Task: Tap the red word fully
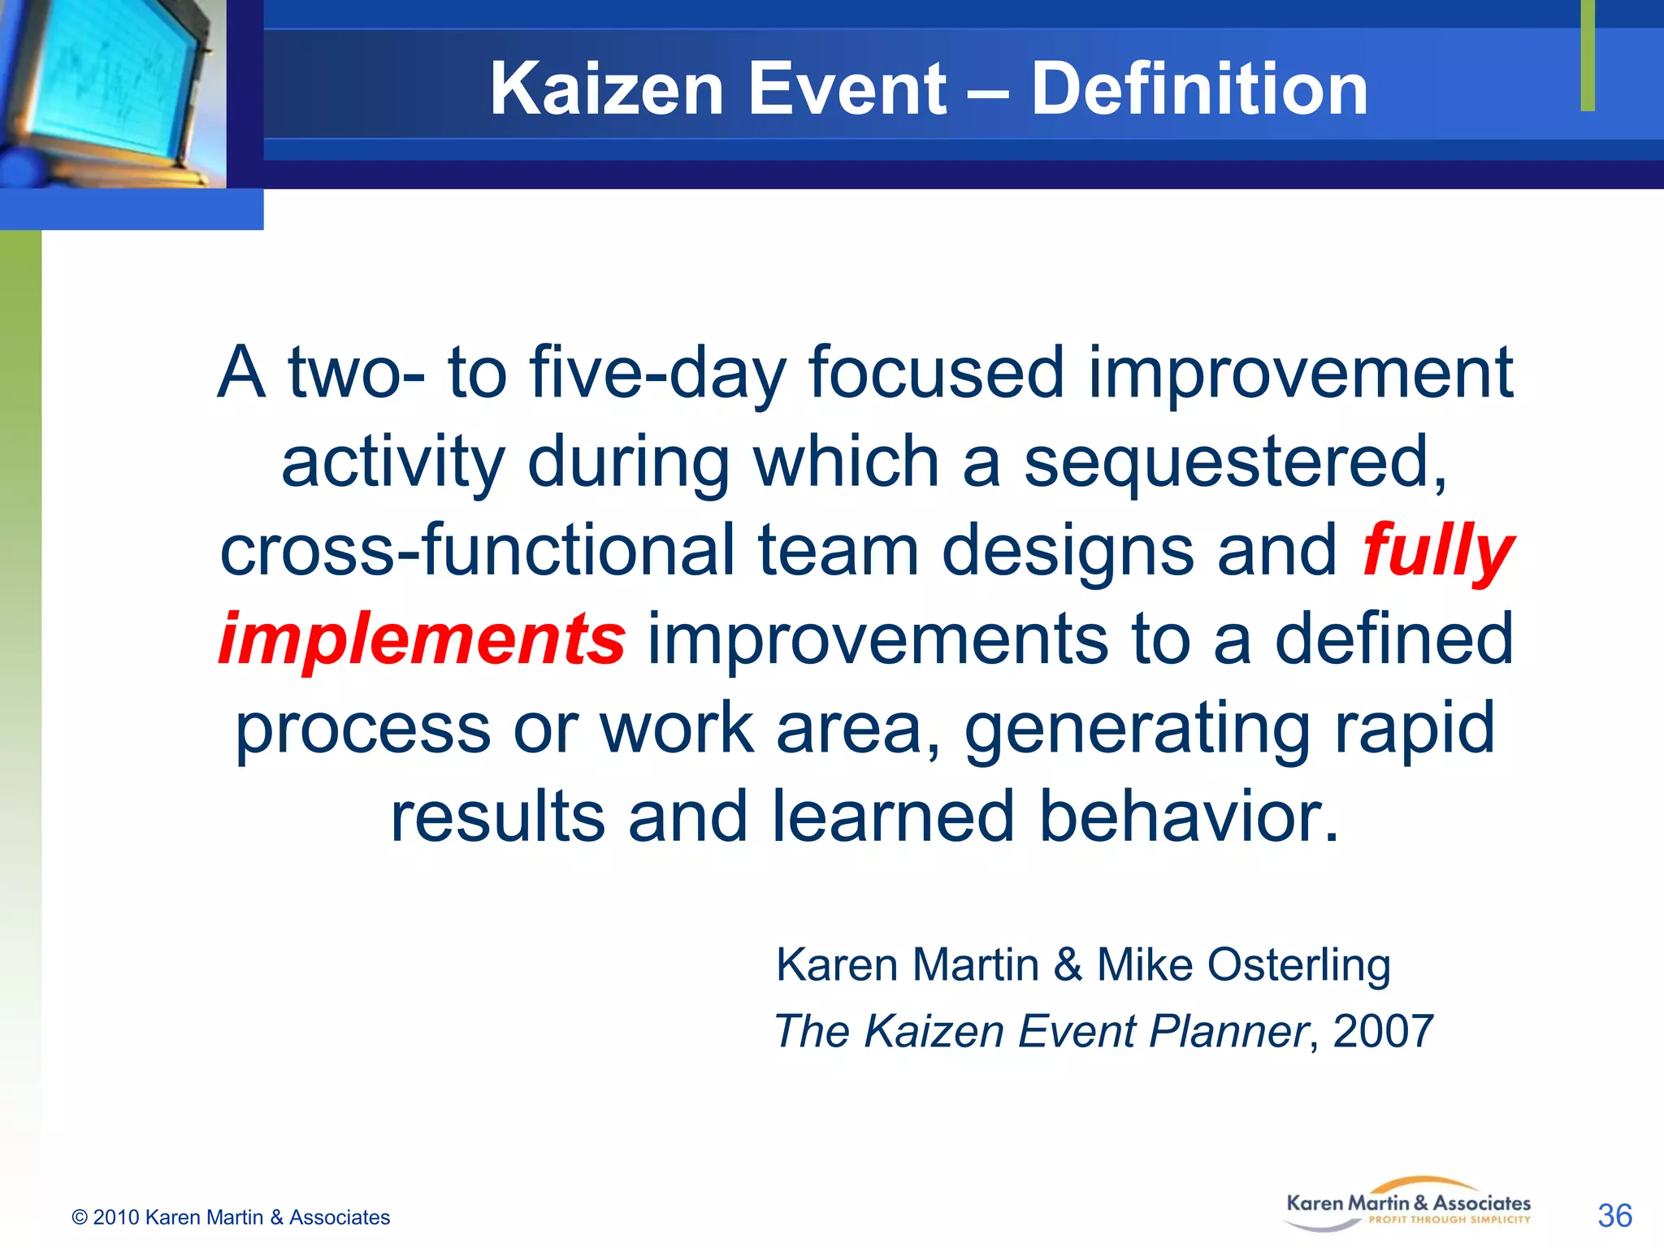click(x=1437, y=551)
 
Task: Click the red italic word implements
click(x=422, y=639)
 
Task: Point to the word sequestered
click(x=1234, y=462)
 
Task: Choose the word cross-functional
click(x=477, y=551)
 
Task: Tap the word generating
click(x=1137, y=729)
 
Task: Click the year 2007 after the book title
click(x=1383, y=1032)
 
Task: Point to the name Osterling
click(x=1298, y=965)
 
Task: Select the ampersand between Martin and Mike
click(x=1068, y=965)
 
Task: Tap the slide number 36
click(x=1614, y=1215)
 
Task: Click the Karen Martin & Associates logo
click(x=1408, y=1204)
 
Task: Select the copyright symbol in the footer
click(x=80, y=1217)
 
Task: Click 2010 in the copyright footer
click(x=116, y=1217)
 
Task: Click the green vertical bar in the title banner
click(x=1588, y=55)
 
